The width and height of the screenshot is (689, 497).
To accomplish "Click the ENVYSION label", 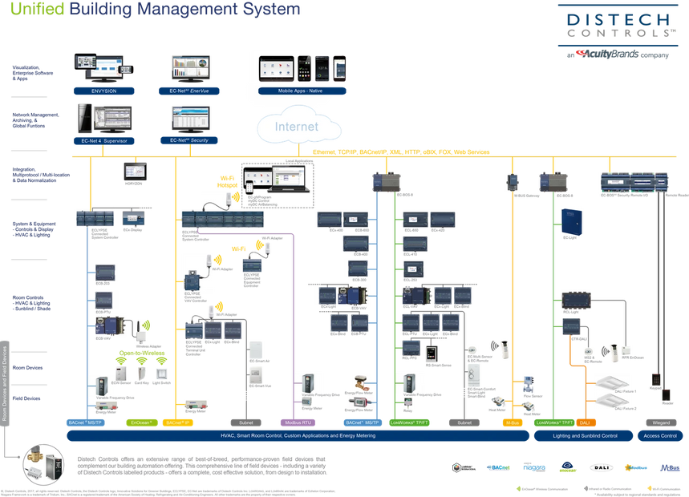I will point(104,91).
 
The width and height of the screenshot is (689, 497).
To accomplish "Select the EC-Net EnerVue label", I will point(189,91).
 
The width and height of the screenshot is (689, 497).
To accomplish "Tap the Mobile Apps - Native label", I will point(302,91).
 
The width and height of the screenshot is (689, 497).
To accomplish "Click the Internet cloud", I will point(297,126).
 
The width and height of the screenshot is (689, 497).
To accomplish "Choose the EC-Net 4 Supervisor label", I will point(104,140).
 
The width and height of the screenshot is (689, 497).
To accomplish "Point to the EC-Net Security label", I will point(189,140).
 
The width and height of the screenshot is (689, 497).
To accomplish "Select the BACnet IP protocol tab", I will point(176,422).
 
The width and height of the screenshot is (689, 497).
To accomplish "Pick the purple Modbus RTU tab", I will point(298,422).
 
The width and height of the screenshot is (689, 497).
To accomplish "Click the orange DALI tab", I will point(584,422).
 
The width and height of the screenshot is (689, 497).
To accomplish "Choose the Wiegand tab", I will point(661,422).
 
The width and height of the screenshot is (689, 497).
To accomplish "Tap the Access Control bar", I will point(661,435).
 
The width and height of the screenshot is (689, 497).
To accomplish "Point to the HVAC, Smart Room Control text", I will point(297,435).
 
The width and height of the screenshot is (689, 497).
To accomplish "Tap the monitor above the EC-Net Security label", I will point(189,118).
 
